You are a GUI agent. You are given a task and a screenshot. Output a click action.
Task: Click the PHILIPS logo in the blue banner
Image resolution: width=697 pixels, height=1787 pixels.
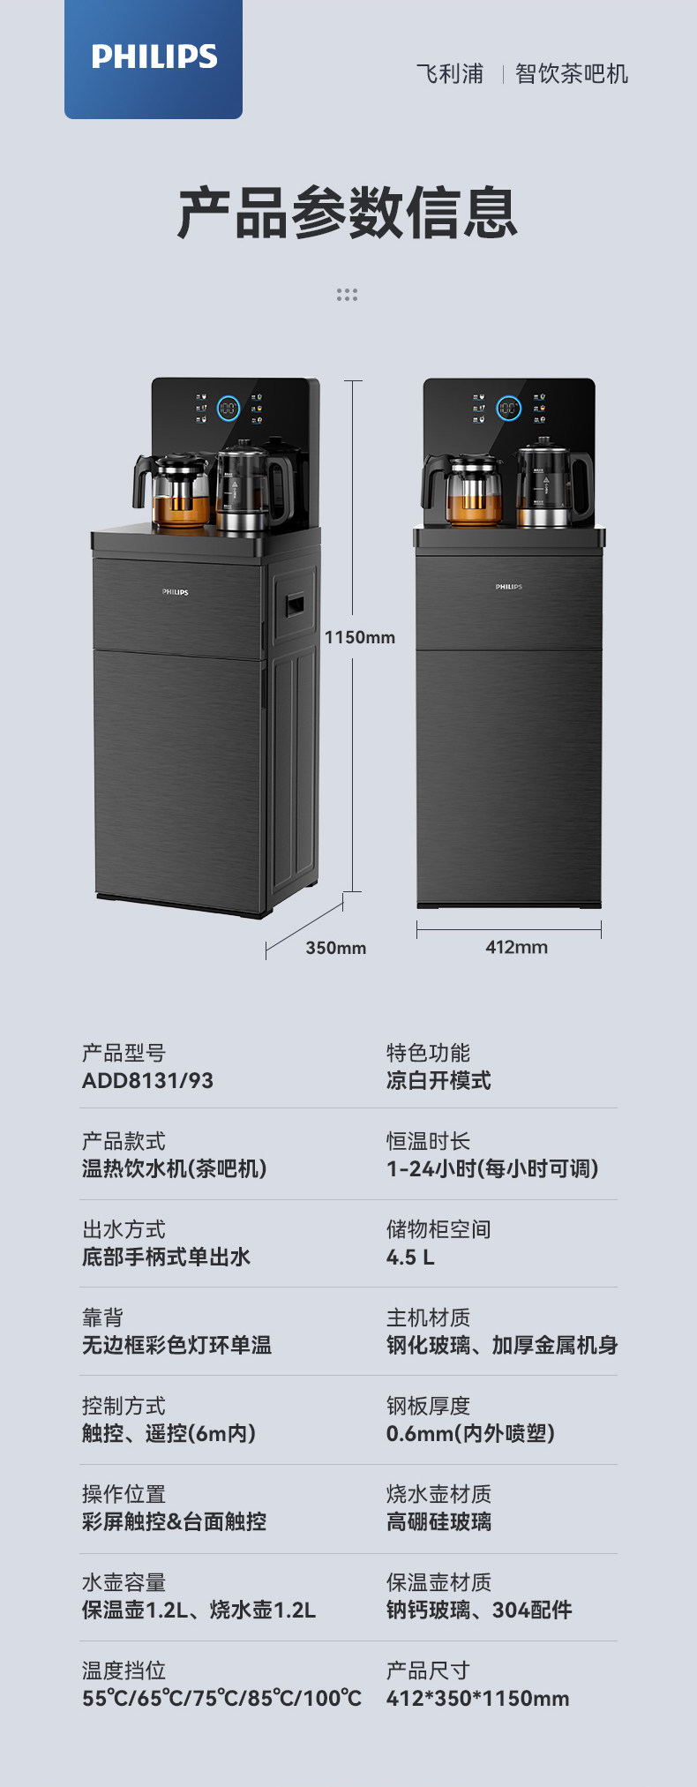(154, 57)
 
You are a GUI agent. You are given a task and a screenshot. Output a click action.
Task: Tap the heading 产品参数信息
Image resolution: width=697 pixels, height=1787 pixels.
(347, 213)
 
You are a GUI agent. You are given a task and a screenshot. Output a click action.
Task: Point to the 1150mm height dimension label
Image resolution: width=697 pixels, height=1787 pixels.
(360, 637)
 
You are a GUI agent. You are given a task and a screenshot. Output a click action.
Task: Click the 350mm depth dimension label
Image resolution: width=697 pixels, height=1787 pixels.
(335, 949)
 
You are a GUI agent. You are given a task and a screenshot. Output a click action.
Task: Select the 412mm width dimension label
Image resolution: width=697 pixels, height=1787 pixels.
(516, 948)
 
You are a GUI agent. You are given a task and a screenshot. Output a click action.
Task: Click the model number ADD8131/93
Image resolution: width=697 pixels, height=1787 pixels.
(147, 1081)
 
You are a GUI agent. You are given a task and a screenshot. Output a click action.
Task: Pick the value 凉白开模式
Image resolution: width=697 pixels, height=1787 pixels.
(438, 1081)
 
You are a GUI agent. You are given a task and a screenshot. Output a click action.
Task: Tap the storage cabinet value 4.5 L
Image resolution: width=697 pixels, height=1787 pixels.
(410, 1258)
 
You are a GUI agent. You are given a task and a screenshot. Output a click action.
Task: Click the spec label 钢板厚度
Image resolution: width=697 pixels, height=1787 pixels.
(428, 1406)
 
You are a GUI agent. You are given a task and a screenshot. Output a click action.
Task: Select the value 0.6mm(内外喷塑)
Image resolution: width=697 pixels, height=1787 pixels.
(470, 1434)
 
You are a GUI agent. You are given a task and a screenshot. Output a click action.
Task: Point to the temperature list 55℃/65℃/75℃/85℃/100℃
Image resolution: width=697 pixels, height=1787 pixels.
(221, 1699)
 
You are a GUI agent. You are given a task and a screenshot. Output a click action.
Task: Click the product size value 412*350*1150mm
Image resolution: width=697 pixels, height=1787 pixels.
(477, 1699)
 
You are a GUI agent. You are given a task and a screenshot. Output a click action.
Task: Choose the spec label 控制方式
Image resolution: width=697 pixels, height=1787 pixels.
(124, 1406)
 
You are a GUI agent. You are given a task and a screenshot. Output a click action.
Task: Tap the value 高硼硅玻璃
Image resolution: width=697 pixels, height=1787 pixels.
(438, 1522)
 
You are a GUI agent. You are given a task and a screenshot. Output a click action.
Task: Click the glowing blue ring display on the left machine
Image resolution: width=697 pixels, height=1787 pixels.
(229, 408)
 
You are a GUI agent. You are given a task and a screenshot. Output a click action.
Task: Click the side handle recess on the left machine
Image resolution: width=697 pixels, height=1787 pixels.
(295, 604)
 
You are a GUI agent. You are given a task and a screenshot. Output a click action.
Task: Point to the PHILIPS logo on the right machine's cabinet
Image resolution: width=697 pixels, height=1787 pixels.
(508, 587)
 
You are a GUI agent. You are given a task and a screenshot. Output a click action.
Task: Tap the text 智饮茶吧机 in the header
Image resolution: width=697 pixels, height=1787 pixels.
(572, 74)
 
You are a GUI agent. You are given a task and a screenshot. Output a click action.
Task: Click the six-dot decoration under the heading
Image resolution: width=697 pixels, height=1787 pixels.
(347, 295)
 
